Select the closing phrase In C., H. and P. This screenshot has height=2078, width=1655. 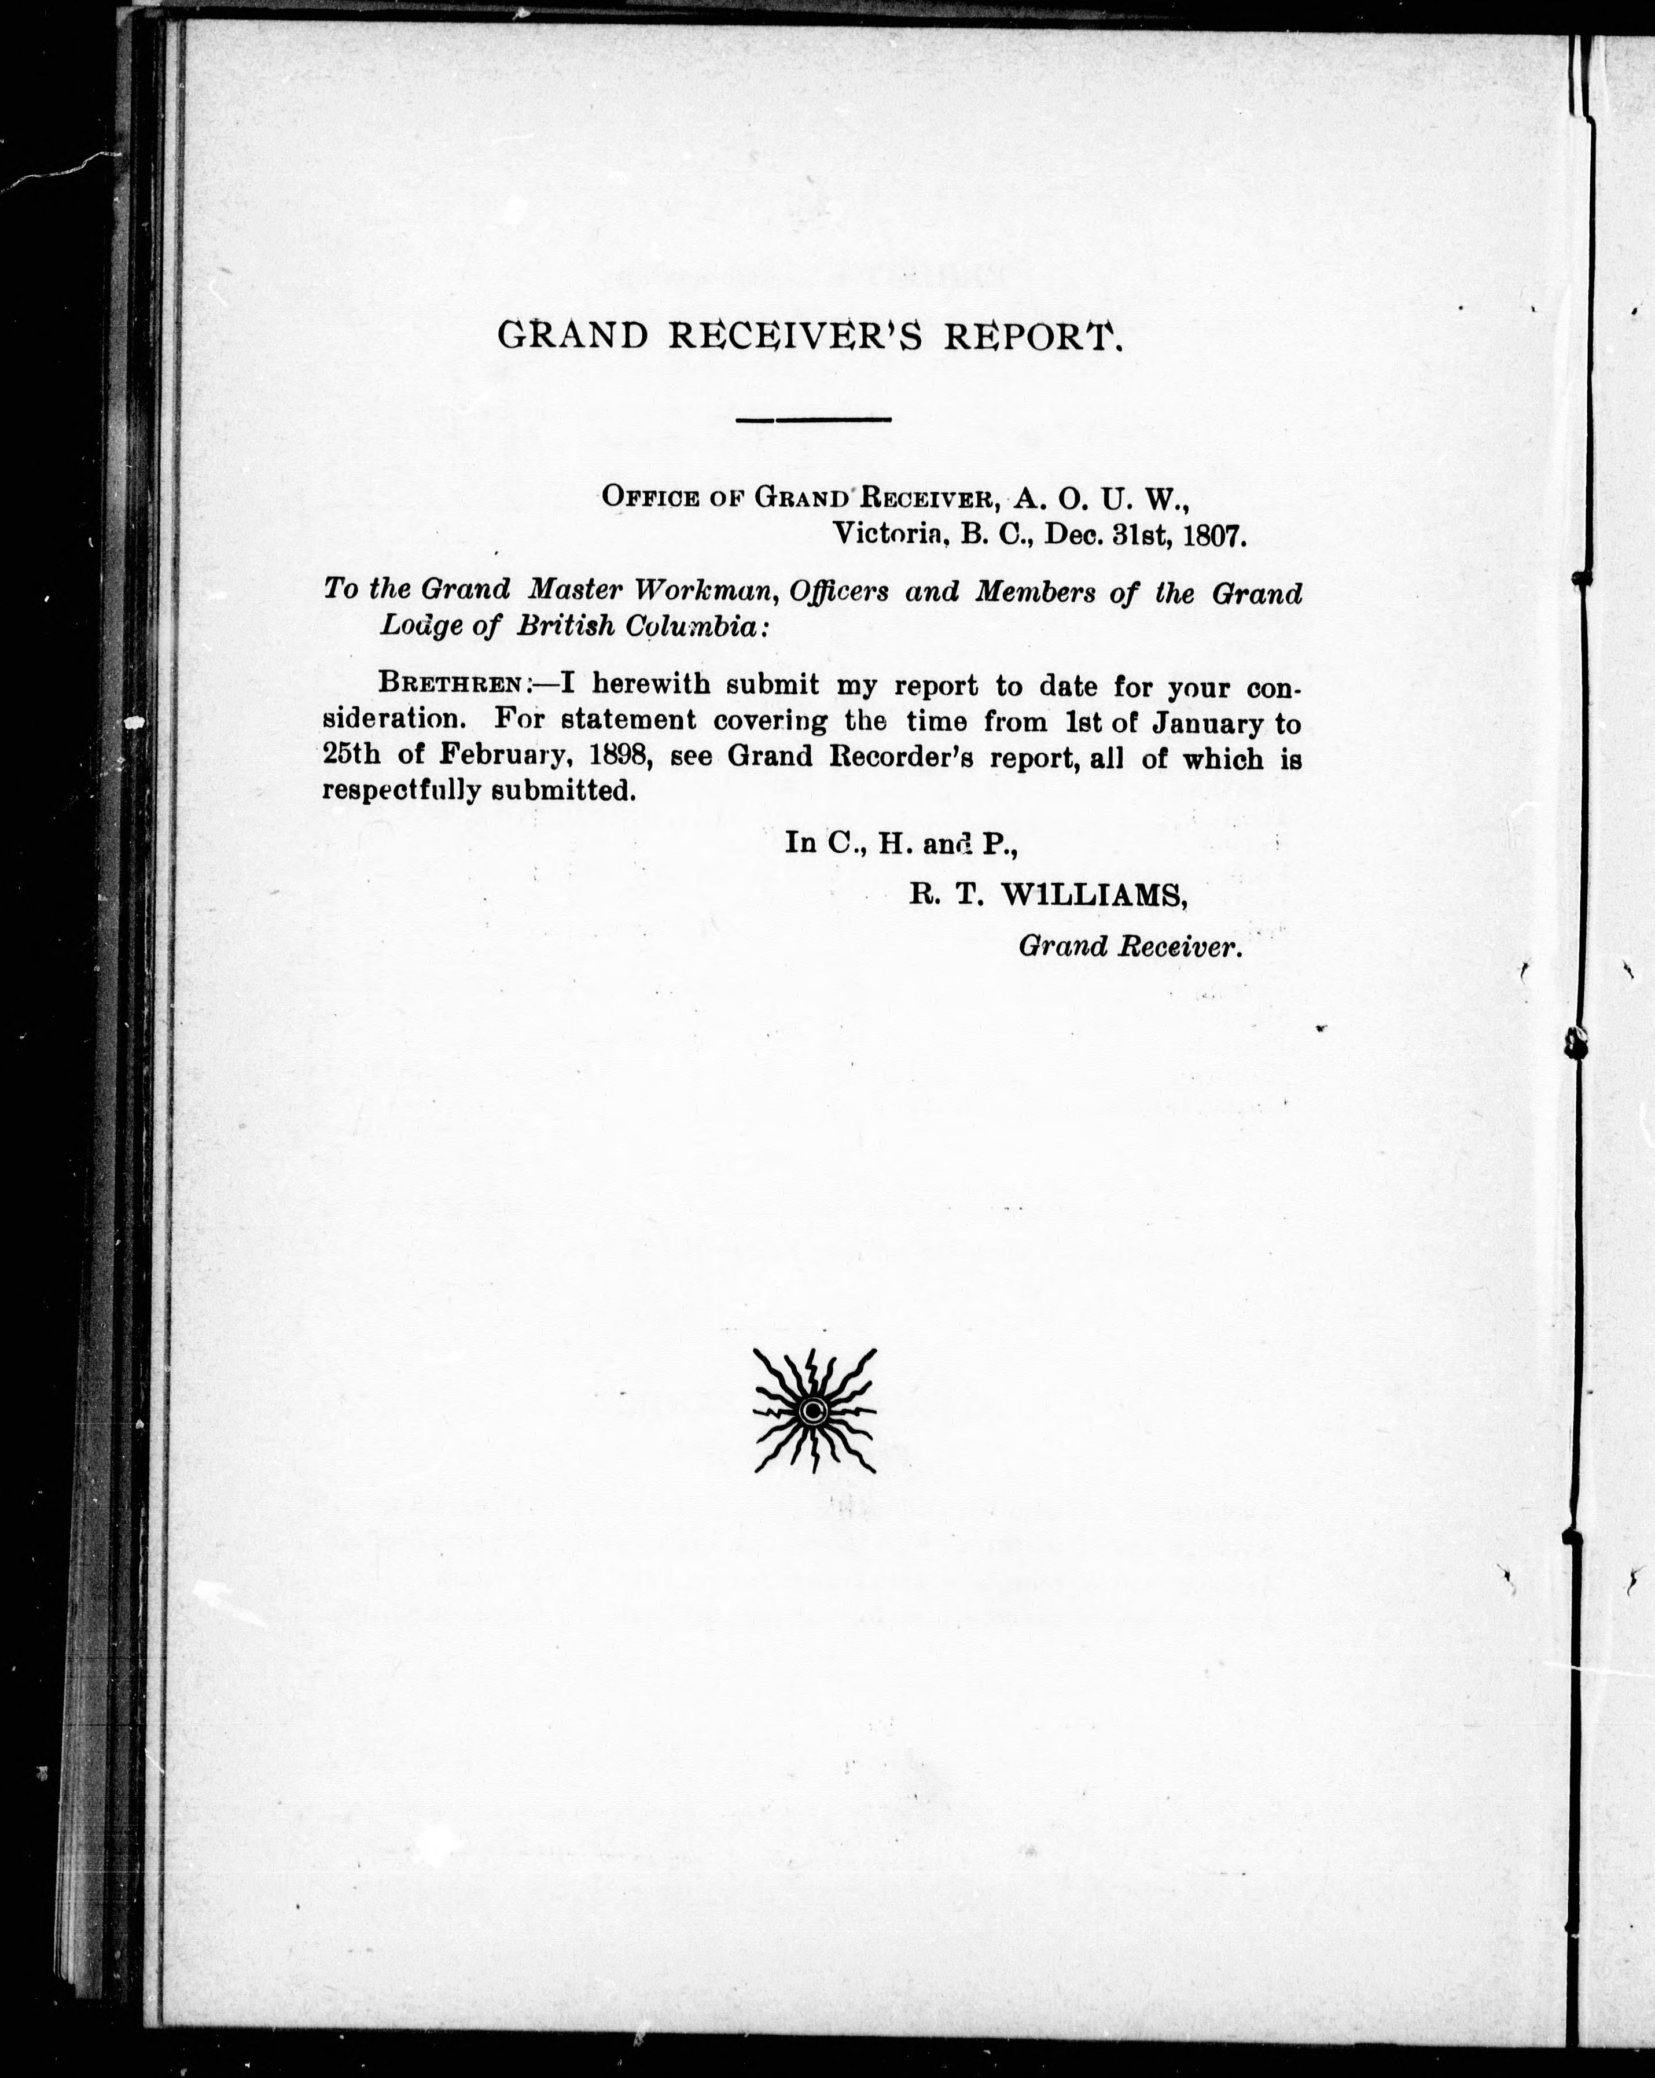tap(901, 843)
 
